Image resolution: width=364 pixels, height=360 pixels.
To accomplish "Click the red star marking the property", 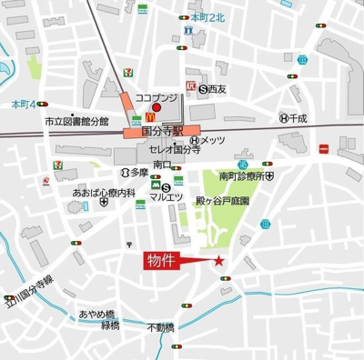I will tap(218, 262).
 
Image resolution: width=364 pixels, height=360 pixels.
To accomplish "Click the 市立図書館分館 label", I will tap(77, 121).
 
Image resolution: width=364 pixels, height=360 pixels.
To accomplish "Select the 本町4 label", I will tap(21, 104).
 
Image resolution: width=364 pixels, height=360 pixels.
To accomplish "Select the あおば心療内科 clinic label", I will tap(105, 193).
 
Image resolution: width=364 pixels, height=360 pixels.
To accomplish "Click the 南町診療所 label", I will tap(241, 175).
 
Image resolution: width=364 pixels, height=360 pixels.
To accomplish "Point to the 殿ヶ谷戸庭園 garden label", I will tap(223, 199).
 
